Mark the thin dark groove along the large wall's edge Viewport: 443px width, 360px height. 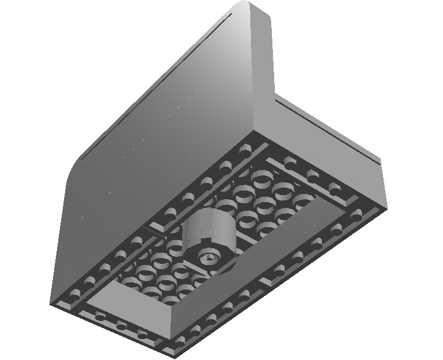pyautogui.click(x=157, y=87)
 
